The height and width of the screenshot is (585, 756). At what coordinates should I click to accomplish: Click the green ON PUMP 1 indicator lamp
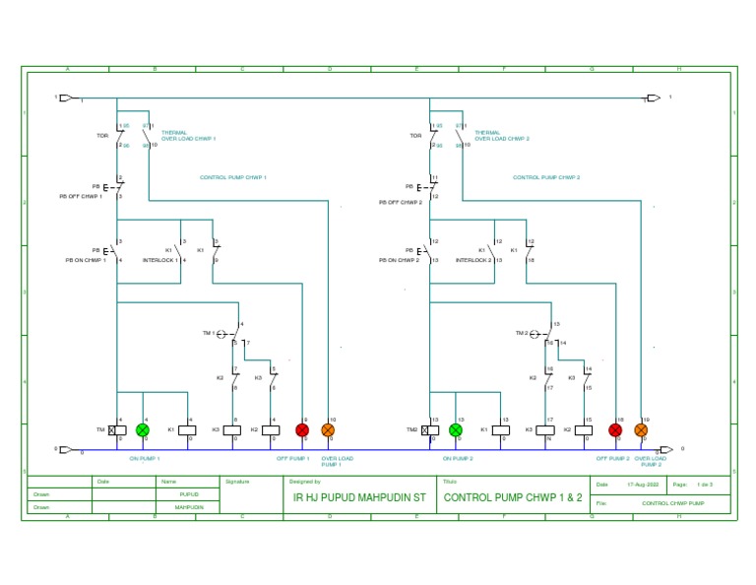(143, 430)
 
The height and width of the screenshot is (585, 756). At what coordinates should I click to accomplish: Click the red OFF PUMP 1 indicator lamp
(302, 430)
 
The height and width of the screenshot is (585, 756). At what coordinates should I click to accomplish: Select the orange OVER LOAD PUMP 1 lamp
(329, 430)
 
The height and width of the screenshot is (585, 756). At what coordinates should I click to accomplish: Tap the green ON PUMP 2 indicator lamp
(456, 430)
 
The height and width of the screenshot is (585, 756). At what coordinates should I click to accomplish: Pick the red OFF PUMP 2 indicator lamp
(615, 430)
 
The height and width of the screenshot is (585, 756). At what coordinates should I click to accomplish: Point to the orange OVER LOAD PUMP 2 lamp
(641, 430)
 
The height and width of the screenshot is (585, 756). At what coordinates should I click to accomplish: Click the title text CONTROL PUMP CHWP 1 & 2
(513, 498)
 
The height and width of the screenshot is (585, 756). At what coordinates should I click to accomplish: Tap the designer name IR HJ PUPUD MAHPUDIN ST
(359, 498)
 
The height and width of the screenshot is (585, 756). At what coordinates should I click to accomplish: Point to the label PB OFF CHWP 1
(82, 197)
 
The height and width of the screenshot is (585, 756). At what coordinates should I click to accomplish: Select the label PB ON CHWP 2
(400, 261)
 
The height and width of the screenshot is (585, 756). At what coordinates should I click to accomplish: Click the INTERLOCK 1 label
(160, 261)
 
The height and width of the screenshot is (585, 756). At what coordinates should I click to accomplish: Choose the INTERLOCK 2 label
(473, 261)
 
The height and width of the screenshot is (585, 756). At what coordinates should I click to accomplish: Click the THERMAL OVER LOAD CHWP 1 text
(188, 136)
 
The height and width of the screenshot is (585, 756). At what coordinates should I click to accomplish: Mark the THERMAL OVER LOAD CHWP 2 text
(501, 136)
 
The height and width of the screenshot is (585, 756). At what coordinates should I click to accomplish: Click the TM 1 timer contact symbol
(224, 334)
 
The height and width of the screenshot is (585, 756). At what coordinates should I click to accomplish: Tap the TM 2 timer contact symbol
(537, 334)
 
